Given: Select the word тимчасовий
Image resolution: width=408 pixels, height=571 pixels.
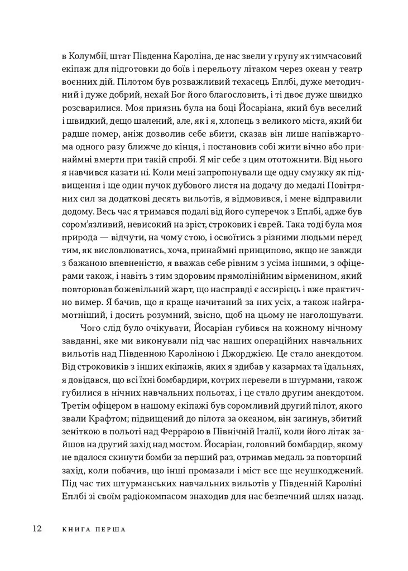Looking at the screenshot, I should click(339, 57).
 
